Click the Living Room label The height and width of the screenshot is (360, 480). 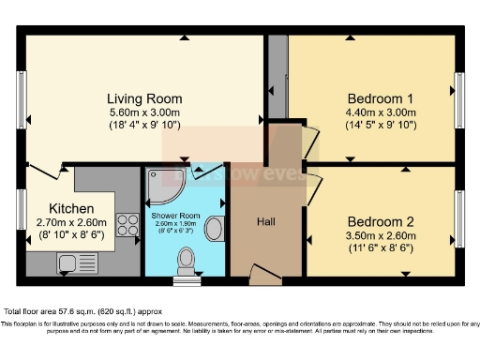point(143,98)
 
